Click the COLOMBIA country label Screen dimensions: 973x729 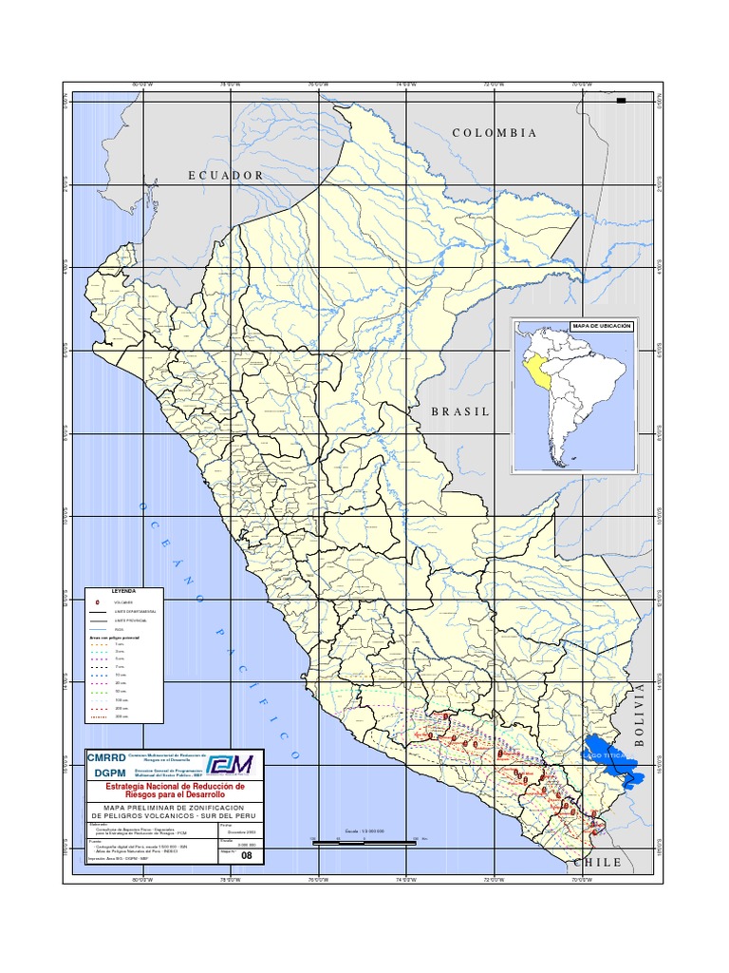tap(495, 133)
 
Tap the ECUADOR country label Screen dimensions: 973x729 tap(225, 175)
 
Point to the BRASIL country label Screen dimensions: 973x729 tap(460, 411)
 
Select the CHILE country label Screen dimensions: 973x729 tap(597, 862)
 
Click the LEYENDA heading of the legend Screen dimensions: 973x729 tap(124, 591)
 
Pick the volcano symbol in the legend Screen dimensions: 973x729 tap(98, 602)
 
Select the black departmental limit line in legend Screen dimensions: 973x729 tap(98, 611)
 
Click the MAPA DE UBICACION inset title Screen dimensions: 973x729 tap(601, 326)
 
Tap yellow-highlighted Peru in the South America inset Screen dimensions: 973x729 tap(542, 372)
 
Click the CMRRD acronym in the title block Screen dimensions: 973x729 tap(105, 758)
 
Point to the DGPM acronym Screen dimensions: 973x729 tap(105, 773)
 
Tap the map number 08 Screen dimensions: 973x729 tap(248, 855)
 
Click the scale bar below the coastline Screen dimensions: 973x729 tap(365, 841)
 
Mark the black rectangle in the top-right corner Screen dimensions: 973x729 tap(622, 101)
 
